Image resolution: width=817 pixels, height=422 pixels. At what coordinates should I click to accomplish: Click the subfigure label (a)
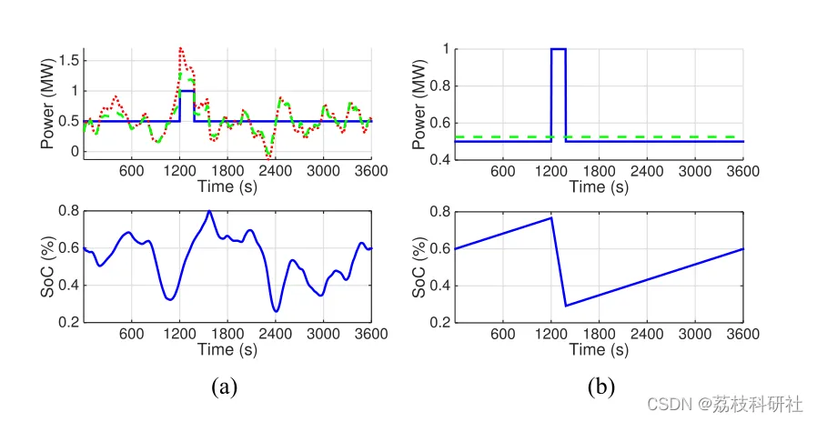click(x=224, y=387)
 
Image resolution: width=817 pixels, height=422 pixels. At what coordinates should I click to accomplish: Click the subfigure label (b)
click(x=601, y=387)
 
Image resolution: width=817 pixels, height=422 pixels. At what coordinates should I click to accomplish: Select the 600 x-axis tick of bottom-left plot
click(x=131, y=333)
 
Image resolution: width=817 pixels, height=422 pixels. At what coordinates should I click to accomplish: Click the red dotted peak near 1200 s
click(x=180, y=48)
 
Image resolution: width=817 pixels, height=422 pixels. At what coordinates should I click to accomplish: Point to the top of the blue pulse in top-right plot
click(x=559, y=49)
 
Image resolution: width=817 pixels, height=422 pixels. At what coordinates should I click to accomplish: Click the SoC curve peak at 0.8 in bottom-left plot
click(x=209, y=212)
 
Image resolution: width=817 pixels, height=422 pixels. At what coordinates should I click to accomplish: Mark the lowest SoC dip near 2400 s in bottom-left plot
click(x=276, y=311)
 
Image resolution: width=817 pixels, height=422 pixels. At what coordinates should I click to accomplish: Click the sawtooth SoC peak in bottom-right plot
click(x=551, y=217)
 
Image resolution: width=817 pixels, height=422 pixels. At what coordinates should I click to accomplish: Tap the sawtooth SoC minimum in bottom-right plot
click(x=566, y=306)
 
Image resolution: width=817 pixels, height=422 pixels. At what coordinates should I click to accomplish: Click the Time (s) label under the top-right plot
click(x=600, y=186)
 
